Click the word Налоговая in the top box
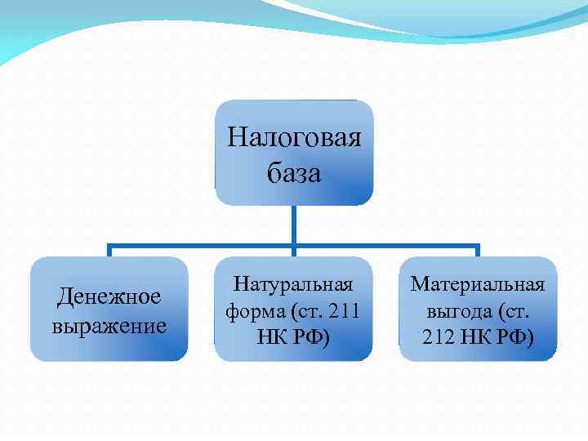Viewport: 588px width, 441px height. click(x=294, y=136)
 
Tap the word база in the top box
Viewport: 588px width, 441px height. click(x=294, y=172)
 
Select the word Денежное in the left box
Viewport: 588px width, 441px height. click(x=109, y=296)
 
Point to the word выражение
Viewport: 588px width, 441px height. click(x=109, y=326)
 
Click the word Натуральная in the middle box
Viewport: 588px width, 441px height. click(x=293, y=284)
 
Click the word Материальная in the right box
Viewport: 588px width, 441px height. click(x=477, y=284)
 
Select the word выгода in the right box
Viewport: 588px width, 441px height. click(x=457, y=310)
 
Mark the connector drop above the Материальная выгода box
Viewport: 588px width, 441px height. click(x=478, y=251)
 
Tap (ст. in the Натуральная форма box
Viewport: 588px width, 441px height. click(x=303, y=310)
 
